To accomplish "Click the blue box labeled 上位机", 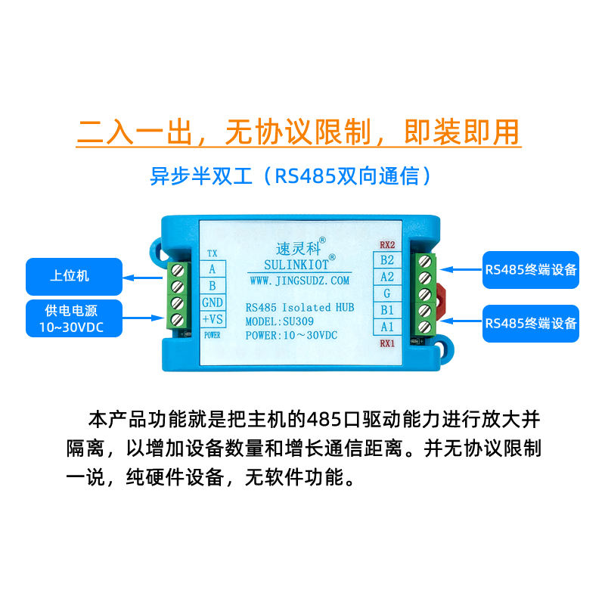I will [73, 276].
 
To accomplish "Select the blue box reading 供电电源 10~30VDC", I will [73, 318].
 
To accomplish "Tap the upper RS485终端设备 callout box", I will [531, 270].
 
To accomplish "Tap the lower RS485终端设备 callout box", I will [531, 323].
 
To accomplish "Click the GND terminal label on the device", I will [212, 302].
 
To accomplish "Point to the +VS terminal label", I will [212, 319].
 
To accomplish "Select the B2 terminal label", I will [387, 260].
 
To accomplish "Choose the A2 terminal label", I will [387, 277].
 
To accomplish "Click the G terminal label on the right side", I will [387, 293].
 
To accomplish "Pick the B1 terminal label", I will [387, 310].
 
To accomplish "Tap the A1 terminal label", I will [387, 327].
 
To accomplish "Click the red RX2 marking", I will [387, 245].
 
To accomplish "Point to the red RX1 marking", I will [387, 343].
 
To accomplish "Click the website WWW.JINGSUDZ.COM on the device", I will [299, 281].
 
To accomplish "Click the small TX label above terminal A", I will [212, 254].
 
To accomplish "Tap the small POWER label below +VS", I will [212, 334].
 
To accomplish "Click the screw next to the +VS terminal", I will [179, 319].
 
